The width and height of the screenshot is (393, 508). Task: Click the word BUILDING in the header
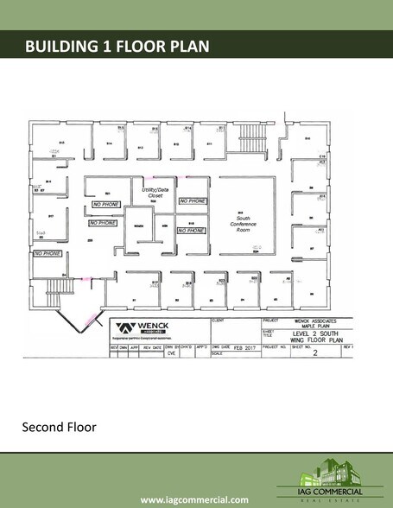(x=64, y=45)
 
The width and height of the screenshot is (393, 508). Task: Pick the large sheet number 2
(x=314, y=352)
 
